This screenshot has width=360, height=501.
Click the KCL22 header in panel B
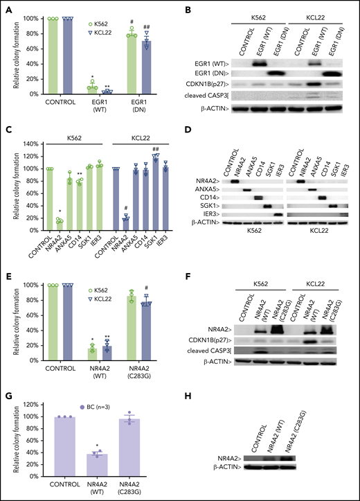pos(319,12)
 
